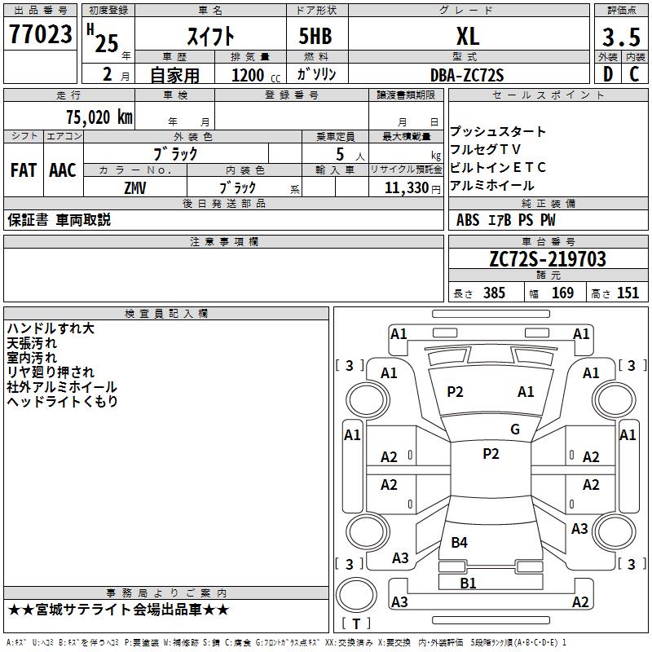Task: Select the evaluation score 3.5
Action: pyautogui.click(x=621, y=37)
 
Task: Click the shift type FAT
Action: pyautogui.click(x=23, y=170)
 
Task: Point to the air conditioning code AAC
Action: pyautogui.click(x=63, y=170)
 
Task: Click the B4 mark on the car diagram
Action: pyautogui.click(x=459, y=542)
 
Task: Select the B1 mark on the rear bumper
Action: pyautogui.click(x=468, y=584)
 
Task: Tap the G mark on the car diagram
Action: pyautogui.click(x=514, y=430)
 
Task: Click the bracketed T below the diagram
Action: pyautogui.click(x=355, y=623)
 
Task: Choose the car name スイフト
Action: pyautogui.click(x=211, y=36)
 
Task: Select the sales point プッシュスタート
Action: pyautogui.click(x=498, y=132)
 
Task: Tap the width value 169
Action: pyautogui.click(x=563, y=293)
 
